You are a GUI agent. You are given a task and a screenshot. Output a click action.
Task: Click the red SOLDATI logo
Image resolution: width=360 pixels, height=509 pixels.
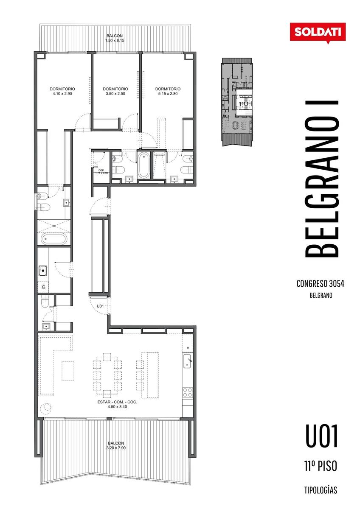coord(318,33)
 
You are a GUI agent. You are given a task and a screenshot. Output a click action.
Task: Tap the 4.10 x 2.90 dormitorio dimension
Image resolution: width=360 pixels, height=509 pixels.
coord(62,94)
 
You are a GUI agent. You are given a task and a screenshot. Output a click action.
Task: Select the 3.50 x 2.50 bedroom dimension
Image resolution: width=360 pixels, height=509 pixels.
coord(115,94)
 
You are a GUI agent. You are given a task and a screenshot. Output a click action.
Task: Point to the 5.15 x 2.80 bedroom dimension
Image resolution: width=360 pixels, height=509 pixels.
coord(168,94)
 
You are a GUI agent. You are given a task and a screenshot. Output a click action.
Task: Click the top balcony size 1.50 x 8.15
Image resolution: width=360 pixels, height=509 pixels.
coord(115,41)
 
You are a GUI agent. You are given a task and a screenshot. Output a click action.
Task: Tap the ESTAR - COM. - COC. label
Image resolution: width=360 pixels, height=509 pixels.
coord(117,402)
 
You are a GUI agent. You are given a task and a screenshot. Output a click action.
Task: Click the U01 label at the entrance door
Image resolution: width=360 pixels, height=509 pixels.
coord(100,306)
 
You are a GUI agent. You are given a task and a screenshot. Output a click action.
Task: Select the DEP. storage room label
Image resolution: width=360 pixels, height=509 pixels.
coord(101,171)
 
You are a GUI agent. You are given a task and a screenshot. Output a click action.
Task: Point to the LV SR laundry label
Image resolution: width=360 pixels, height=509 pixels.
coord(43,287)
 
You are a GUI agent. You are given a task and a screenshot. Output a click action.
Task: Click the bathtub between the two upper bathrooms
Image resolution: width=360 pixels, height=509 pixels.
coord(143,165)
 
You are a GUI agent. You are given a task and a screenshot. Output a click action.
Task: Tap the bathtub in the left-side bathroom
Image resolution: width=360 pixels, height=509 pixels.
coord(54,239)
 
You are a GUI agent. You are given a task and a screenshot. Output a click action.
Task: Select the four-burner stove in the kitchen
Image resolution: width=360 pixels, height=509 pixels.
coord(188,392)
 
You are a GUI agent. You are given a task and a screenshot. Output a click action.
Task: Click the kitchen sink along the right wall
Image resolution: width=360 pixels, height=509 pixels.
coord(188,361)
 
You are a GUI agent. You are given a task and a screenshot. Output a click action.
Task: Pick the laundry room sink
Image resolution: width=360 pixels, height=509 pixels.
coord(42,271)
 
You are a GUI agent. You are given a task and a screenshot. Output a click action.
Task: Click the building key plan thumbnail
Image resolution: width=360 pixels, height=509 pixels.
coord(237,102)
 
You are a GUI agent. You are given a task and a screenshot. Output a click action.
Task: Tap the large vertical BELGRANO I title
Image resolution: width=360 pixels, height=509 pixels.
coord(321,179)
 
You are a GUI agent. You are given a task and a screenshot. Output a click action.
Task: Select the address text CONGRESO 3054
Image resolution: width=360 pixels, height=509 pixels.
coord(320,284)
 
